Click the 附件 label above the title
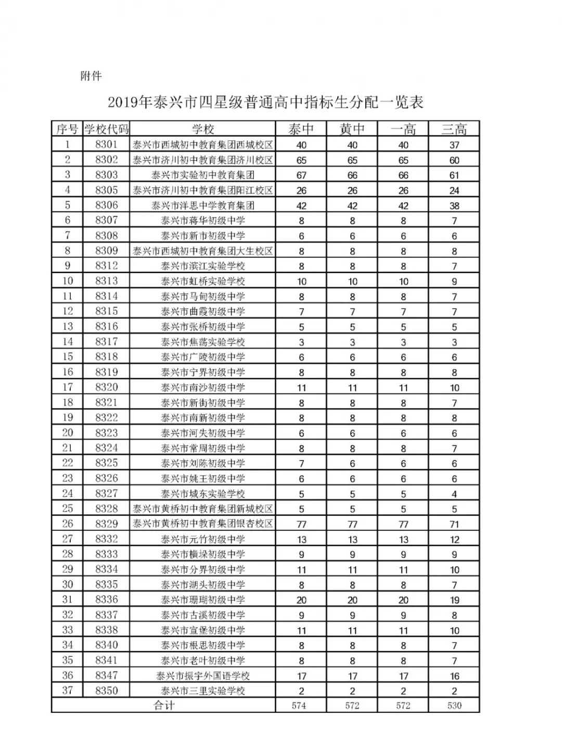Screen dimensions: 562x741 point(91,76)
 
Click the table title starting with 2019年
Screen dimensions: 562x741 point(265,102)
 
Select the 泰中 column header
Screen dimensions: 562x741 point(301,129)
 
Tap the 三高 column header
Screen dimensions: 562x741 point(454,129)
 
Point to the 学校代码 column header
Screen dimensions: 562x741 point(106,129)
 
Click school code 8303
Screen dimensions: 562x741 point(106,175)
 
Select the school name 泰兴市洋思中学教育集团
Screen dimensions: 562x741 point(203,206)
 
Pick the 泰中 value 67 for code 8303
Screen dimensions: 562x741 point(301,175)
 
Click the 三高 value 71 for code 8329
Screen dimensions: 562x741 point(454,525)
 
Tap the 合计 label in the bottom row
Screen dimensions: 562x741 point(163,706)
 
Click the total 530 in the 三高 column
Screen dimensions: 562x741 point(454,706)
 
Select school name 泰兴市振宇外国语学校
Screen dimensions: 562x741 point(203,676)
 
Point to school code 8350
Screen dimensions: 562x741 point(106,691)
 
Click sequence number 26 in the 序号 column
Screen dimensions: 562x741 point(68,524)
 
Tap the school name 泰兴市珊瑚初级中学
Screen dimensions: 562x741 point(203,600)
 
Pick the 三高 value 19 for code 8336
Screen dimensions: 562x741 point(454,600)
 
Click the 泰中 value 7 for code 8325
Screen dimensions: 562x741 point(301,464)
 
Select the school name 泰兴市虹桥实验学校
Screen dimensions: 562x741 point(203,282)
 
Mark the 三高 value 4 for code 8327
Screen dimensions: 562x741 point(454,494)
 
